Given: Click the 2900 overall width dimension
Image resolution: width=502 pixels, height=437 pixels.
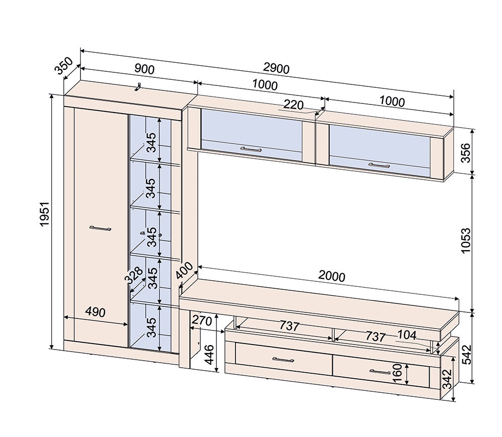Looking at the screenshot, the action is pos(276,68).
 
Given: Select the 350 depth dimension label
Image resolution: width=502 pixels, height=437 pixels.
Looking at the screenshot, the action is pos(64,66).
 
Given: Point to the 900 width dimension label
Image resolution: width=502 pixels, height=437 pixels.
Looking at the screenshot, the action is pos(145,69).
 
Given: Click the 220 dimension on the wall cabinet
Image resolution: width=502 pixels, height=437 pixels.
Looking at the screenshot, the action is pos(293,105).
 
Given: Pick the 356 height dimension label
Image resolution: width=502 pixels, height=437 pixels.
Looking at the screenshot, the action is pos(466,153).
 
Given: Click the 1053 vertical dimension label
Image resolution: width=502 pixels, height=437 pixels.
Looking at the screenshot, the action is pos(466,241).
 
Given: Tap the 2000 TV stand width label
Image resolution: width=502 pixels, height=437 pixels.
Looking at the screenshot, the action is pos(332,276).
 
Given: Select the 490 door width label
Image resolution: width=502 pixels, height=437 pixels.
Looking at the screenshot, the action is pos(95,312).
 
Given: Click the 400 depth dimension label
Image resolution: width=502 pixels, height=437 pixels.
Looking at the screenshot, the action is pos(184,271).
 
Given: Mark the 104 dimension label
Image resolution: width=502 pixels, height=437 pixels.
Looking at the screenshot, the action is pos(407,335).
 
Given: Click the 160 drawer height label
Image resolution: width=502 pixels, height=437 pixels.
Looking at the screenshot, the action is pos(397,373).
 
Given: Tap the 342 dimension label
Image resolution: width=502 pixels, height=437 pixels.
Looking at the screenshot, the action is pos(447,379).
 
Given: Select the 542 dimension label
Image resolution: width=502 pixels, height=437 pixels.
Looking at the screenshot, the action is pos(466,355).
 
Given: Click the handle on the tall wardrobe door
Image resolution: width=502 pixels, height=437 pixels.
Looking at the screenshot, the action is pos(100,229).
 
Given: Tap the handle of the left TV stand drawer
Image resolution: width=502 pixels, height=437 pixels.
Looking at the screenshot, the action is pos(283,360).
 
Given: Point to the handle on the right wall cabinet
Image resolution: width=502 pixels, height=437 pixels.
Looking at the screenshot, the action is pos(379,165).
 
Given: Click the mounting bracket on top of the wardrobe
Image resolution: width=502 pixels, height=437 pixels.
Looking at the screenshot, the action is pos(138,86).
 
